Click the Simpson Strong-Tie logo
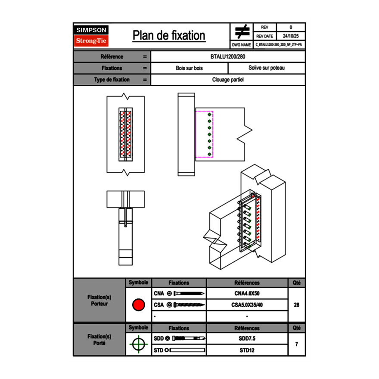click(91, 36)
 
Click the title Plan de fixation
click(169, 35)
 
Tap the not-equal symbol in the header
click(242, 31)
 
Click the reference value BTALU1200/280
click(228, 56)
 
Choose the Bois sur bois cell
click(189, 68)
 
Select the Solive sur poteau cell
click(267, 68)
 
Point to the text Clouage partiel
click(228, 80)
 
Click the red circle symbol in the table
click(138, 305)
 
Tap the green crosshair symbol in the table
click(138, 344)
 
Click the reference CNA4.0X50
click(247, 294)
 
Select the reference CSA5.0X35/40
click(247, 305)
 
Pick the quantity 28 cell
click(296, 305)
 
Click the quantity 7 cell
click(296, 344)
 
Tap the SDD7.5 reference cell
click(247, 339)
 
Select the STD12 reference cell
click(247, 350)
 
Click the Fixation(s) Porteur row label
click(99, 300)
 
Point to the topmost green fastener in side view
click(210, 115)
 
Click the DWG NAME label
click(241, 45)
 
